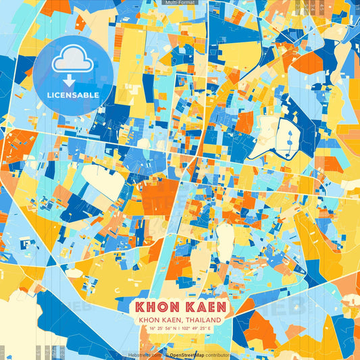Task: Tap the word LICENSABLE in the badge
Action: pos(72,95)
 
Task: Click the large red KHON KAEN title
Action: pos(180,306)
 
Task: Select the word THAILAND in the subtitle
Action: pos(202,319)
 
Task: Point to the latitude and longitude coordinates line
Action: pos(180,329)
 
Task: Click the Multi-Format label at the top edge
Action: pos(180,3)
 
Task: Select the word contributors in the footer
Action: pos(214,354)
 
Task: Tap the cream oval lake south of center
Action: pos(224,236)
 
